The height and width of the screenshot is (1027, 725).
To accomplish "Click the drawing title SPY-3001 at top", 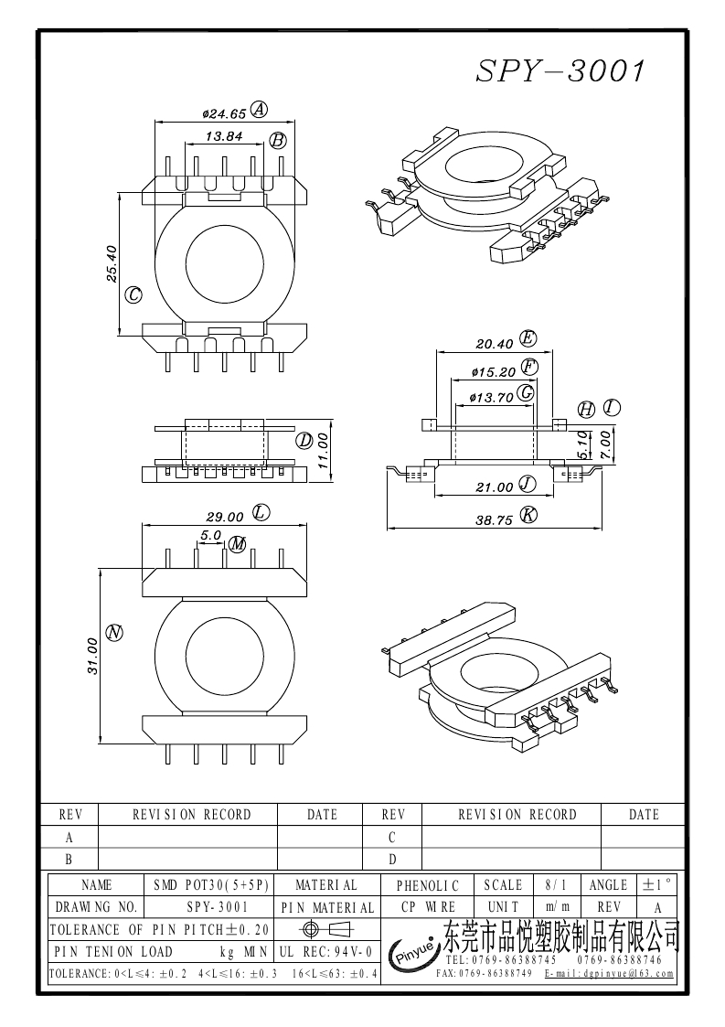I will (560, 72).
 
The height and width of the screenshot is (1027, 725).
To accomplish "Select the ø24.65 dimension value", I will (224, 114).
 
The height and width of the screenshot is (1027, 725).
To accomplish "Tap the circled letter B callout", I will (278, 140).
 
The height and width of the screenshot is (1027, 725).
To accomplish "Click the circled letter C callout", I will (133, 294).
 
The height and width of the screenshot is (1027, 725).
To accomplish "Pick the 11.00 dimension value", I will (323, 451).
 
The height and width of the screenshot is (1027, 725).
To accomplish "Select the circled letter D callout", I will (304, 440).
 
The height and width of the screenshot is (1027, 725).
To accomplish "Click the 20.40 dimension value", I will (494, 344).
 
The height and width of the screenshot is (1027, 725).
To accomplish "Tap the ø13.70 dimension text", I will (491, 398).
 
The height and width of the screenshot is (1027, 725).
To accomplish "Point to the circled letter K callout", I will (528, 514).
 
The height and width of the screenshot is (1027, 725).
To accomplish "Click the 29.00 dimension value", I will (226, 516).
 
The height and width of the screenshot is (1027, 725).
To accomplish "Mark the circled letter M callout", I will (238, 544).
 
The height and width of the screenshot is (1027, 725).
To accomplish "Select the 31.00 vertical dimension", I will (92, 656).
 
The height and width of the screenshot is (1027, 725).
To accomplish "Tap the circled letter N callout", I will (115, 632).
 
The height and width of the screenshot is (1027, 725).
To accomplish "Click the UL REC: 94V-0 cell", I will (325, 952).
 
